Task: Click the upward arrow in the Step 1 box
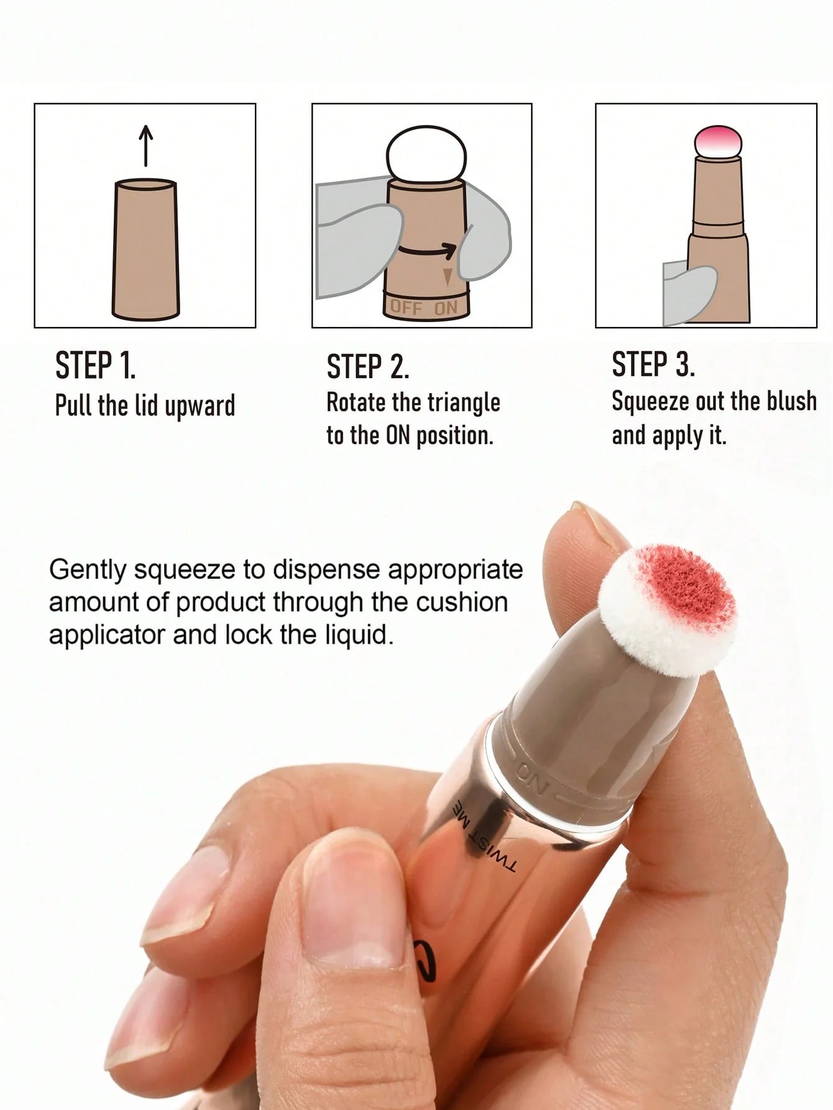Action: click(145, 146)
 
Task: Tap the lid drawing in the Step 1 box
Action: click(145, 249)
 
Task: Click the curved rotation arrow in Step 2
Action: click(428, 249)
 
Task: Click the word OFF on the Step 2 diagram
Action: click(407, 307)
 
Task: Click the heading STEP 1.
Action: click(95, 365)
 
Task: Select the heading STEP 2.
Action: click(367, 367)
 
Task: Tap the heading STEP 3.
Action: click(653, 364)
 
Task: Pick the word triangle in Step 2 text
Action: click(462, 402)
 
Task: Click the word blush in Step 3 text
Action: click(791, 401)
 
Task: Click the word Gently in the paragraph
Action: click(88, 570)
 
